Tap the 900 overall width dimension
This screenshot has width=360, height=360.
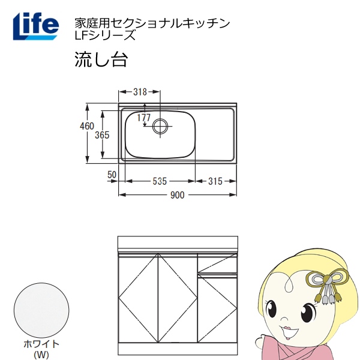(x=178, y=196)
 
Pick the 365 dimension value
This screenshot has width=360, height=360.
(x=102, y=135)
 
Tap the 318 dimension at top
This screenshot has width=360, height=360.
(x=140, y=92)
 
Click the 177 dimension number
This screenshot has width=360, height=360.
(x=144, y=118)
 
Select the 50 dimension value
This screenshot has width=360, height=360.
(x=112, y=175)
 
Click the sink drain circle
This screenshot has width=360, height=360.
(x=160, y=126)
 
